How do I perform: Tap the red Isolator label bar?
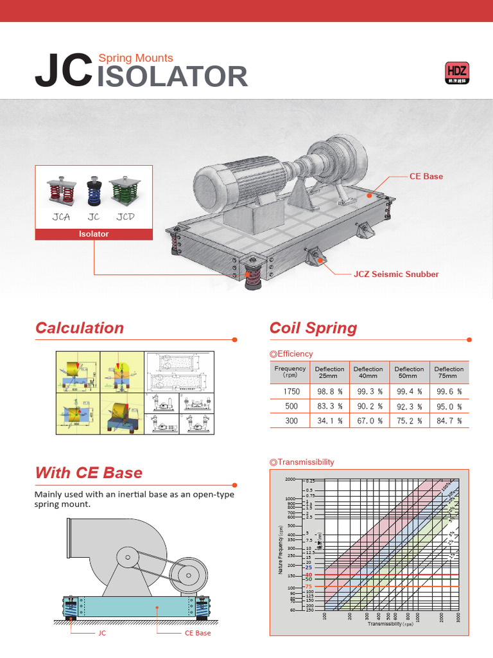coord(94,235)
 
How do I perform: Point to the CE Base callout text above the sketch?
coord(426,176)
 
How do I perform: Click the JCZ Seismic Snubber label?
coord(396,274)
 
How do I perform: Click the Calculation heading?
coord(80,328)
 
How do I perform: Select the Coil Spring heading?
coord(313,328)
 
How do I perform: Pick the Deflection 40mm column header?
coord(368,373)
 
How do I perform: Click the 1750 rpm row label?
coord(291,391)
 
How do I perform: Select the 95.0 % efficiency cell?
coord(449,406)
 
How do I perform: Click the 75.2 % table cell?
coord(409,421)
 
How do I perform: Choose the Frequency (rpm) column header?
coord(290,373)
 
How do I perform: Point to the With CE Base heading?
coord(89,474)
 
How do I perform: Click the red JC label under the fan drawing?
coord(101,633)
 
